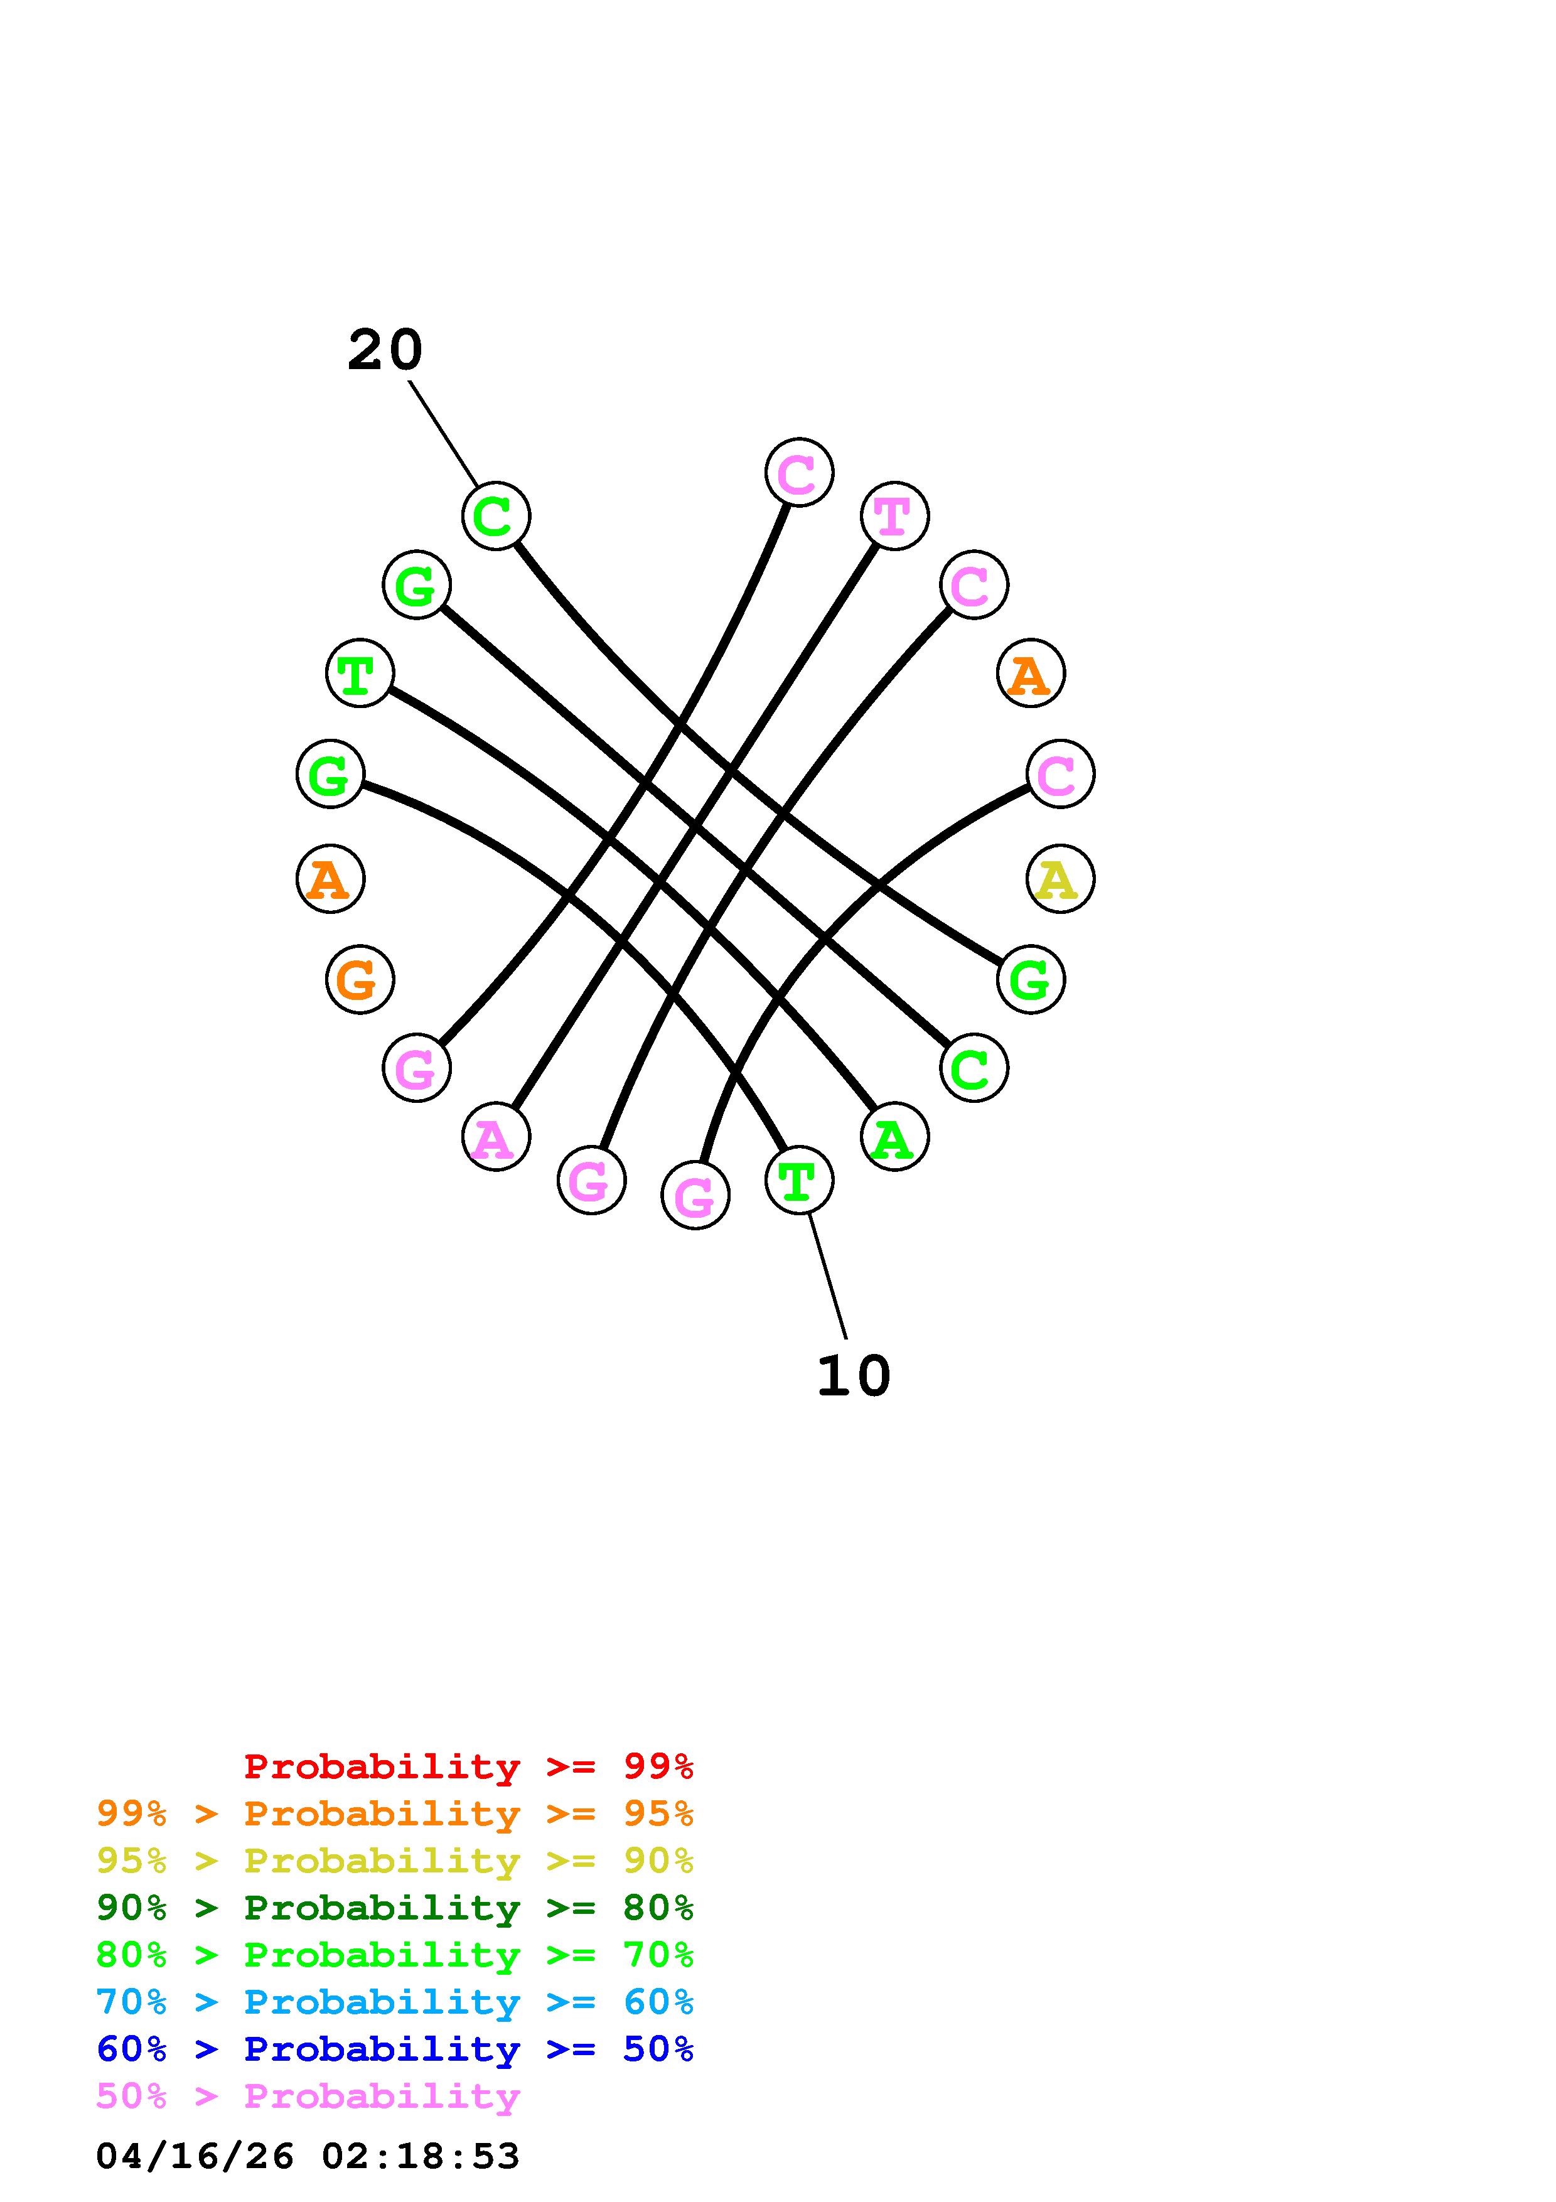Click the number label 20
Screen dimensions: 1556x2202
click(x=384, y=350)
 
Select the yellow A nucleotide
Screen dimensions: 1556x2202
click(x=1060, y=879)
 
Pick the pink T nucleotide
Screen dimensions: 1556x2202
click(x=894, y=516)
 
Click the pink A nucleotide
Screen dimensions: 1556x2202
click(x=496, y=1137)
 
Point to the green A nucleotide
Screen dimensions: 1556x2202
click(x=894, y=1137)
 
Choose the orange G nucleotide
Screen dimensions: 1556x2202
click(x=360, y=979)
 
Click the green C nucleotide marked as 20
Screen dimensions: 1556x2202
click(x=496, y=516)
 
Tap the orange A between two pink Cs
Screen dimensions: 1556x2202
click(x=1031, y=674)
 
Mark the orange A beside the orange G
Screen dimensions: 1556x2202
click(x=330, y=879)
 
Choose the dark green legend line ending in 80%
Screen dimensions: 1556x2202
click(x=395, y=1908)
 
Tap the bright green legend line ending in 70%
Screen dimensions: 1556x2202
click(x=395, y=1955)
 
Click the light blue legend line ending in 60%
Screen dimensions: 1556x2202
click(x=395, y=2002)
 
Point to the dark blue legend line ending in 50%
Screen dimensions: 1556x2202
click(x=395, y=2049)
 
